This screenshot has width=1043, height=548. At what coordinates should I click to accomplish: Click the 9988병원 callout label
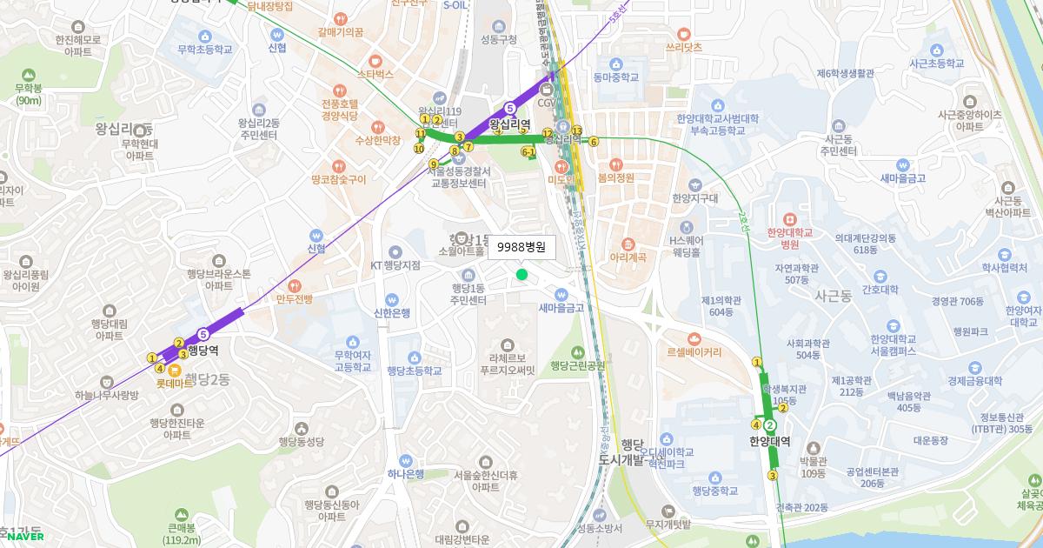point(521,248)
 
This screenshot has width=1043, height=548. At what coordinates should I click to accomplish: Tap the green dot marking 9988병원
point(521,275)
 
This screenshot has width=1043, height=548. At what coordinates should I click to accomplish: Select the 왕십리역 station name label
point(510,124)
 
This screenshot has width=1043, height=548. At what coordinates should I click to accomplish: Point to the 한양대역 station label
point(769,441)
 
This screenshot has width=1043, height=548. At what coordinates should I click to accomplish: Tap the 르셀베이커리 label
point(693,353)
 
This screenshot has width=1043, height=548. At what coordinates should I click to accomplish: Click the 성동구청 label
point(498,39)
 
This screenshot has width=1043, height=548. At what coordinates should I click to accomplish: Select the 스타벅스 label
point(375,74)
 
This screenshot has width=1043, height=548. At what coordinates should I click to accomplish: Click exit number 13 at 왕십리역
point(576,130)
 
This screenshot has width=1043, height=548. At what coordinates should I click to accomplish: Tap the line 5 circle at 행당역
point(203,333)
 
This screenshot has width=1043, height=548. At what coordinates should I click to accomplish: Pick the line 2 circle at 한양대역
point(769,424)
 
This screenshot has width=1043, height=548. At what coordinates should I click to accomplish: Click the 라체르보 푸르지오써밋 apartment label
point(512,363)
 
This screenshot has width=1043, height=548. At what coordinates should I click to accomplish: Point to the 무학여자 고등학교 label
point(352,361)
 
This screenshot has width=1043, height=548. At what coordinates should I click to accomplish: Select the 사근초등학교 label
point(936,63)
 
